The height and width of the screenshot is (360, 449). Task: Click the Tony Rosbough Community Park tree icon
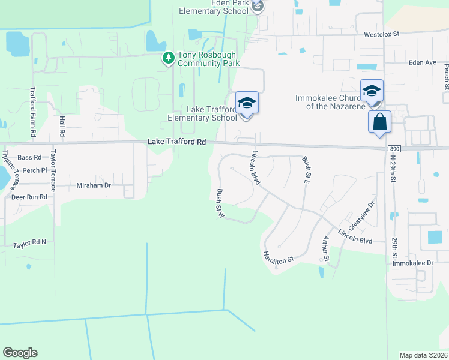tap(169, 58)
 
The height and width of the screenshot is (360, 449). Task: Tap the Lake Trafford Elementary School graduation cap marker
tap(247, 103)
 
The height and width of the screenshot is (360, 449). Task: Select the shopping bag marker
tap(379, 122)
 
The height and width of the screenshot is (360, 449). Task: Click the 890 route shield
tap(394, 149)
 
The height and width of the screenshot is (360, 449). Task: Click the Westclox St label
tap(381, 35)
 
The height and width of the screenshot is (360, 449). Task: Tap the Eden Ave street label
tap(422, 62)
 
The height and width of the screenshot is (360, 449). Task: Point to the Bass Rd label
tap(29, 158)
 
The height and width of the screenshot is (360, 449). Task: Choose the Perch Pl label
tap(35, 170)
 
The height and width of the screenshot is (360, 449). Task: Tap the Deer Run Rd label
tap(29, 197)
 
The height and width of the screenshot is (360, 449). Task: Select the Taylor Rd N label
tap(30, 242)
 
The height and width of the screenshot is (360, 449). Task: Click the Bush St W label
tap(220, 204)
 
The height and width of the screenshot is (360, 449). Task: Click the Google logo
tap(20, 353)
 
